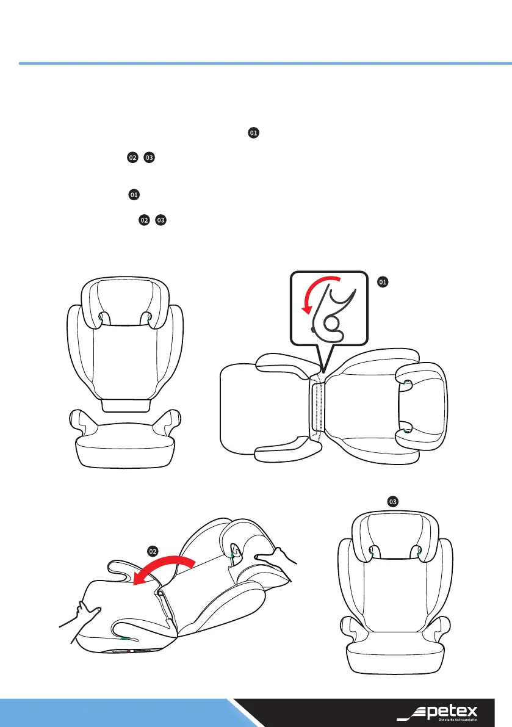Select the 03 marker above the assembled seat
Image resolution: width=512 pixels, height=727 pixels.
tap(394, 501)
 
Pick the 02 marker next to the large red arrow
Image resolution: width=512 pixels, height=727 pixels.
tap(154, 551)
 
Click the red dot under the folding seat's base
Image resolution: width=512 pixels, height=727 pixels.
tap(131, 651)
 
